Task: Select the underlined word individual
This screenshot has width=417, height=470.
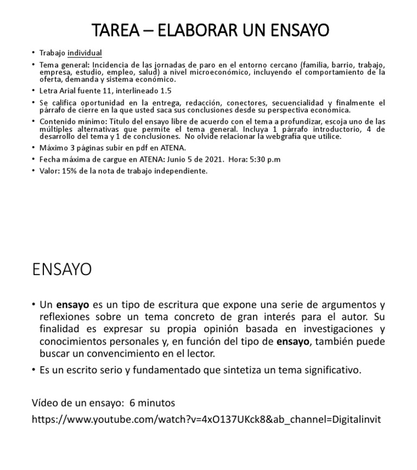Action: tap(85, 53)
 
